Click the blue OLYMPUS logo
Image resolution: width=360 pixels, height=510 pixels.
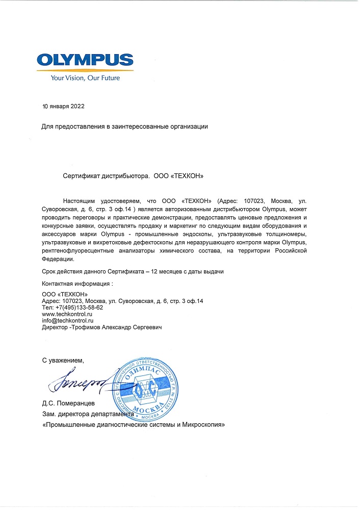(85, 61)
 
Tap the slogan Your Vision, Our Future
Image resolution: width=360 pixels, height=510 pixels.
(85, 78)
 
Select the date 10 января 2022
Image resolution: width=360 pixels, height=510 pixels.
(63, 107)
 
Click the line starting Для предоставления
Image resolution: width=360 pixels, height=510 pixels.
(124, 126)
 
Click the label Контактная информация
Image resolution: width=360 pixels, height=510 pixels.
(77, 283)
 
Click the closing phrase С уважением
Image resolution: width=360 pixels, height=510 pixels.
(62, 361)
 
